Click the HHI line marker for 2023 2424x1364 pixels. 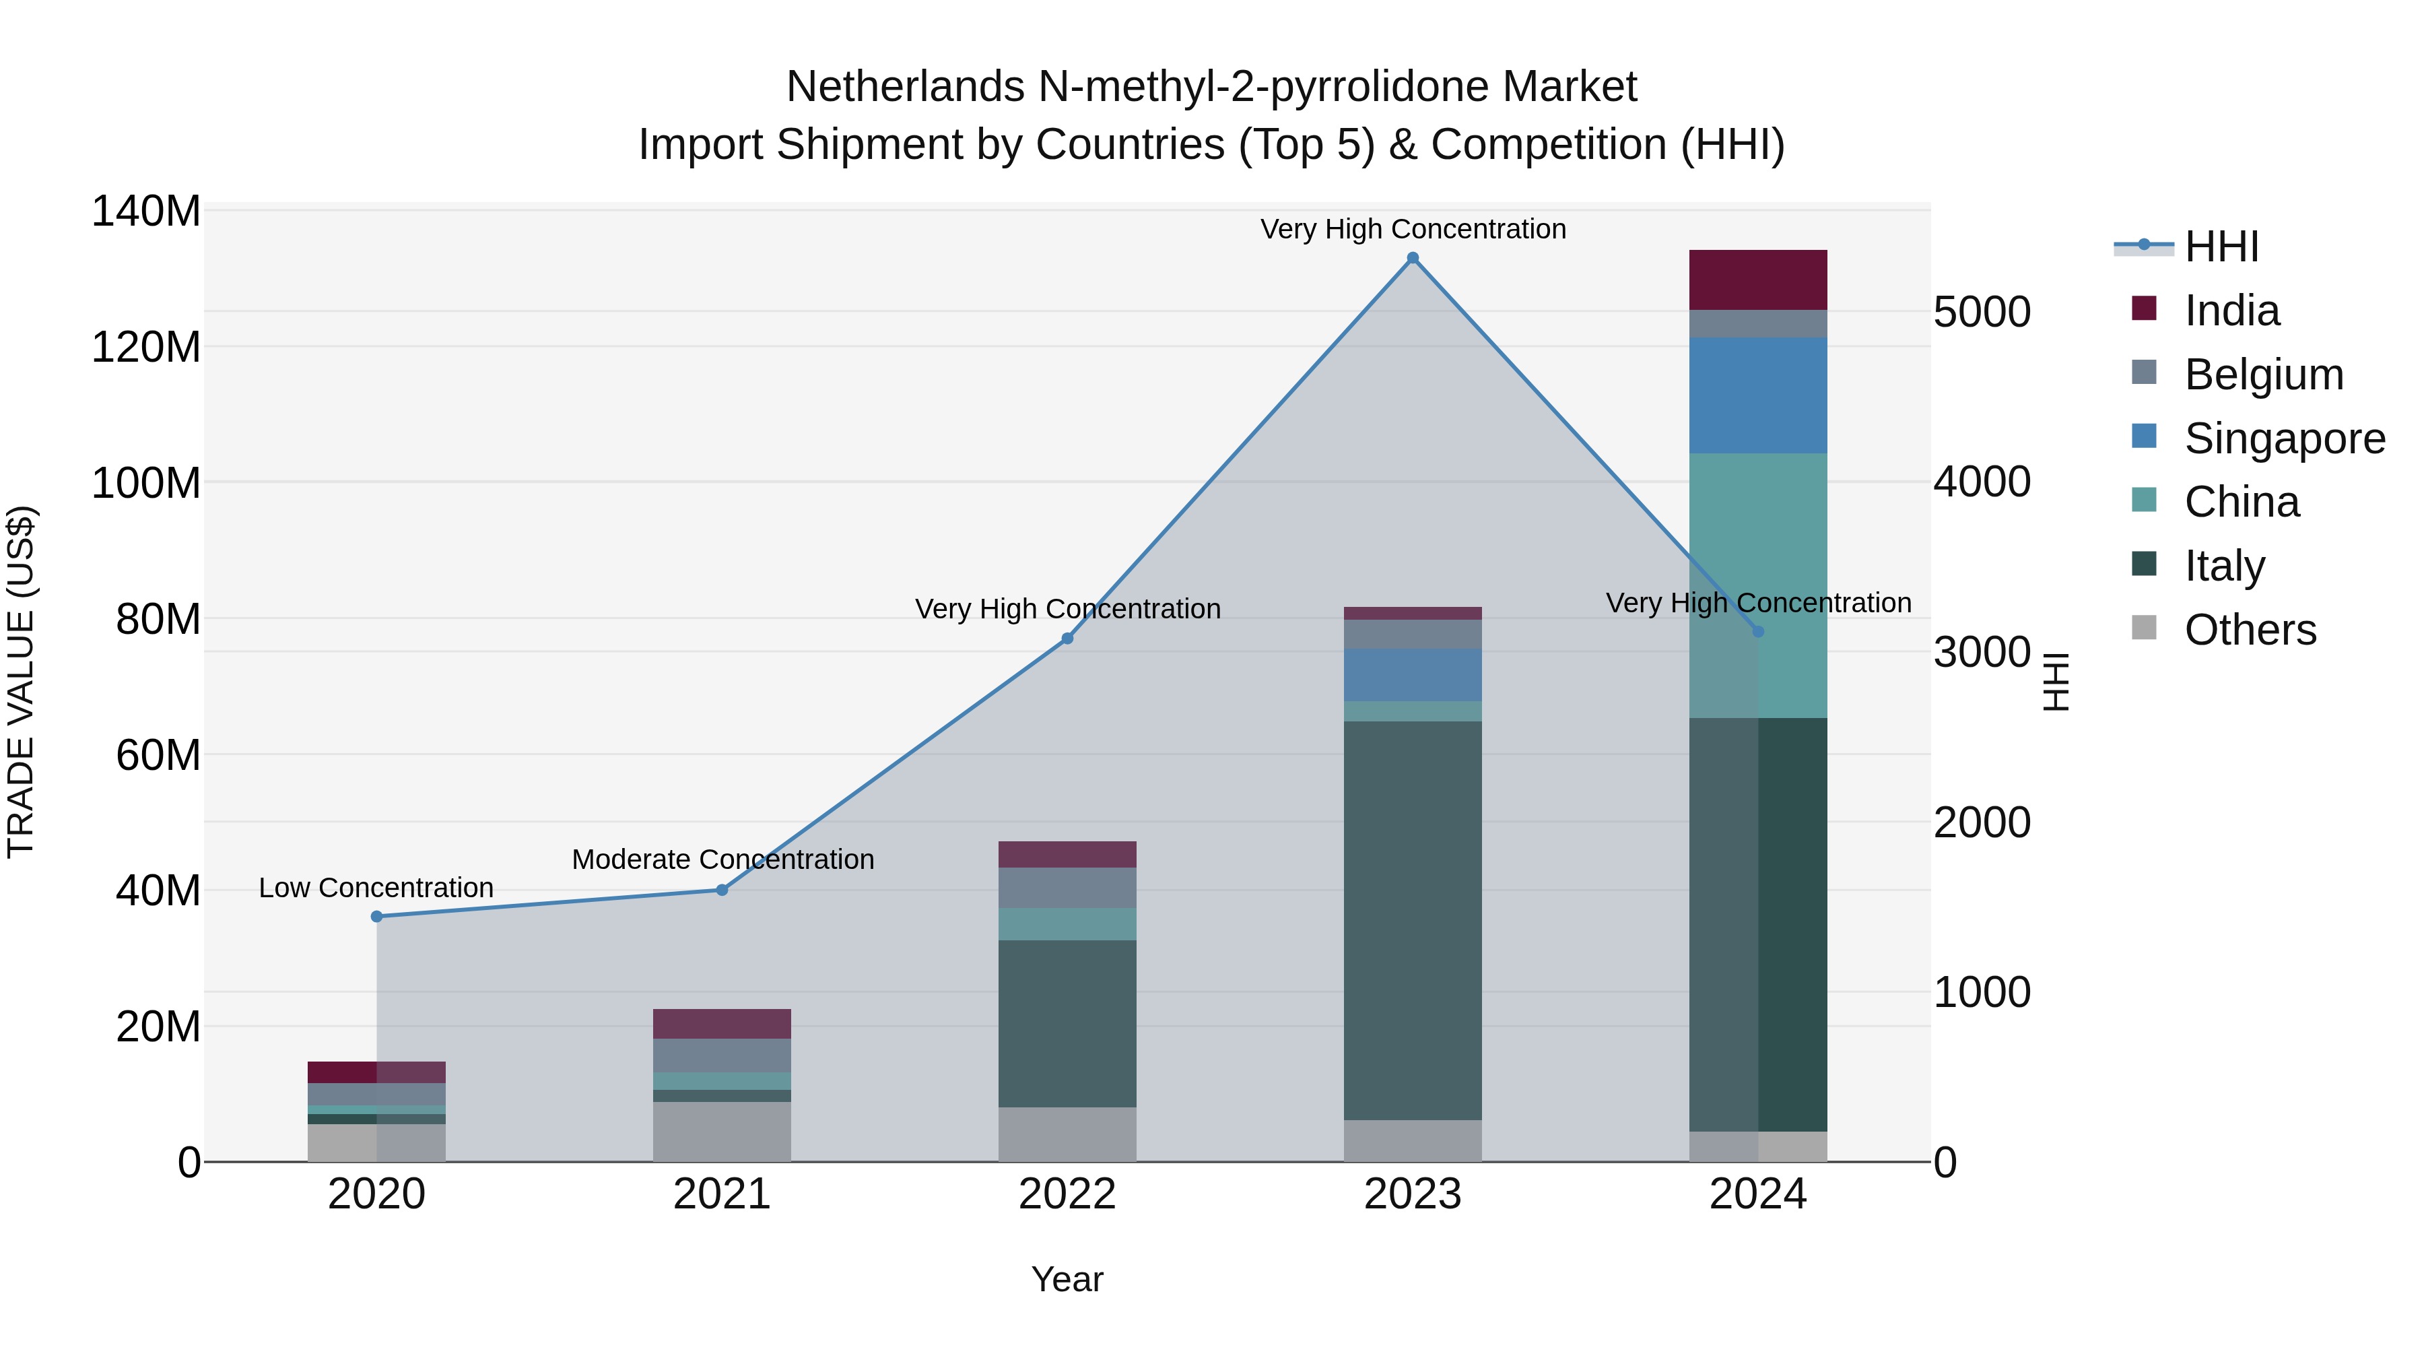[x=1413, y=258]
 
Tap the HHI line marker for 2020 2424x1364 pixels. [x=376, y=916]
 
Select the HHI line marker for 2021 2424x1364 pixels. [x=722, y=890]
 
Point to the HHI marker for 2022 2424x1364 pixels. [x=1067, y=639]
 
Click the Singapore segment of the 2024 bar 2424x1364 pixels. [x=1758, y=395]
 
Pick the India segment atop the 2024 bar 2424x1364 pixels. [x=1758, y=280]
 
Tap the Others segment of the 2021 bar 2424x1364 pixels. [x=722, y=1132]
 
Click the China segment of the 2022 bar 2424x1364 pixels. [x=1067, y=923]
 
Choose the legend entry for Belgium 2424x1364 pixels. [x=2262, y=375]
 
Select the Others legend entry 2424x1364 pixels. [x=2249, y=630]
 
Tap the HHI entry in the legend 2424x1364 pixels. [x=2221, y=247]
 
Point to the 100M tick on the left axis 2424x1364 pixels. [x=146, y=483]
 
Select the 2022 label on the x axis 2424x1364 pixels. [x=1067, y=1194]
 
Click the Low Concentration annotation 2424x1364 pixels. [x=376, y=888]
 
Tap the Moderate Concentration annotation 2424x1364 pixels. [x=722, y=859]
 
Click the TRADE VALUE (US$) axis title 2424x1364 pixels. [x=21, y=682]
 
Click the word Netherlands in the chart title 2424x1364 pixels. [x=905, y=87]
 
